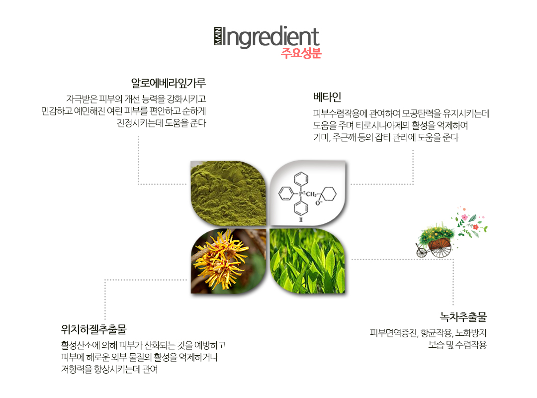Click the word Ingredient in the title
pyautogui.click(x=271, y=37)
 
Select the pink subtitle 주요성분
pyautogui.click(x=301, y=53)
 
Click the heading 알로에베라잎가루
pyautogui.click(x=169, y=83)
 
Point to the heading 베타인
pyautogui.click(x=327, y=97)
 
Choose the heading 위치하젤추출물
pyautogui.click(x=94, y=329)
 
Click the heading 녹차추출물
pyautogui.click(x=463, y=317)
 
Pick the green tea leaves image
pyautogui.click(x=308, y=261)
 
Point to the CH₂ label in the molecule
pyautogui.click(x=311, y=195)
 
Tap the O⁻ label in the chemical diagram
pyautogui.click(x=319, y=203)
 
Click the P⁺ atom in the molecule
pyautogui.click(x=301, y=194)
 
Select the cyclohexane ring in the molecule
pyautogui.click(x=328, y=194)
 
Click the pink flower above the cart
pyautogui.click(x=464, y=217)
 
